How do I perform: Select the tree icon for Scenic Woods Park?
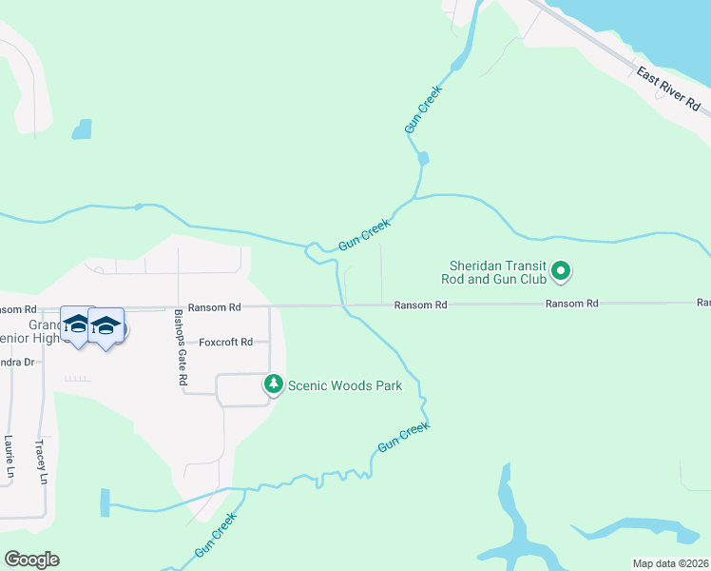point(274,384)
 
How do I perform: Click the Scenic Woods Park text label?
point(345,385)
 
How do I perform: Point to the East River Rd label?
point(667,88)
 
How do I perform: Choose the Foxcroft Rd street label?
point(225,342)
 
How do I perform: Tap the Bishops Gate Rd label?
point(181,347)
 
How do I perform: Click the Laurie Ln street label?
point(9,457)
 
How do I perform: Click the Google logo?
point(31,560)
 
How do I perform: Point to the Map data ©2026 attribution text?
point(670,563)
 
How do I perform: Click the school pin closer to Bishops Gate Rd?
point(106,327)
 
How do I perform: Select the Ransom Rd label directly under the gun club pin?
point(571,304)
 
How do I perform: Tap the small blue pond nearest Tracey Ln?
point(104,502)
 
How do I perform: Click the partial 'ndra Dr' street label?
point(17,362)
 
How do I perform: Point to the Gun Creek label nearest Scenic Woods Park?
point(403,437)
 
